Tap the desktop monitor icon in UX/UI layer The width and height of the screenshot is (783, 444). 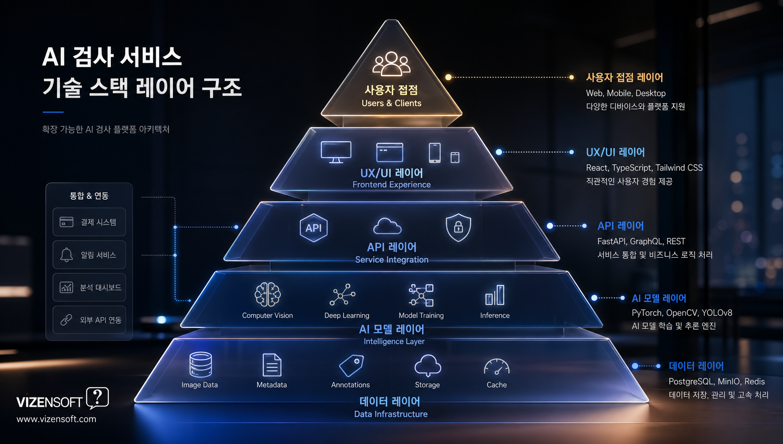(x=336, y=152)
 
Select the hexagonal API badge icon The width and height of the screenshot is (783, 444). (x=313, y=228)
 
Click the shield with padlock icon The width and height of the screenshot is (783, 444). (x=458, y=227)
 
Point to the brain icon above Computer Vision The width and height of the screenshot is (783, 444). (x=268, y=294)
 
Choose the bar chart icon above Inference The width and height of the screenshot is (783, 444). (x=495, y=295)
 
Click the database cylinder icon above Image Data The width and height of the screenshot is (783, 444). (x=201, y=364)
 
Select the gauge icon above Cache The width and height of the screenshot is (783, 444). (x=496, y=366)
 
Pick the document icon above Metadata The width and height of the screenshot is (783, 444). (x=272, y=365)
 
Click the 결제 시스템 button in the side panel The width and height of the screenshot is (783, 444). (x=89, y=222)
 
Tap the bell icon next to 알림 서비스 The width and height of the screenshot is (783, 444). (x=66, y=255)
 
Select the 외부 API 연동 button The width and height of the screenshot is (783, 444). (x=89, y=320)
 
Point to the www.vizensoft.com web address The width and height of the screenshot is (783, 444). (x=56, y=419)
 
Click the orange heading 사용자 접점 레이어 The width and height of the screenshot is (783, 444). (x=624, y=78)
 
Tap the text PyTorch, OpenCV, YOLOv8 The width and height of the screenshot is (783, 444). (x=682, y=313)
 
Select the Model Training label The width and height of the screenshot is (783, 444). (x=421, y=315)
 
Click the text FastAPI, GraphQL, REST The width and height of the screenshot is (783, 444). (x=641, y=242)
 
